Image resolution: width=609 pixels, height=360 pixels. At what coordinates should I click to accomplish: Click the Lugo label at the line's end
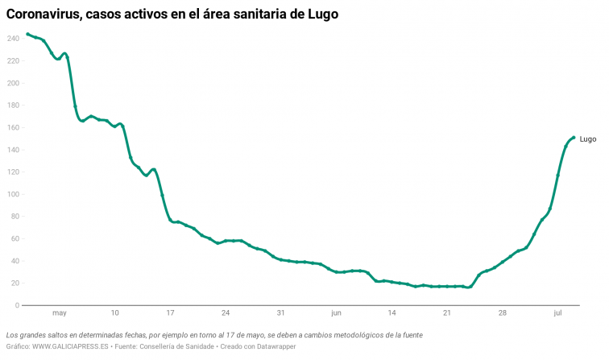click(588, 139)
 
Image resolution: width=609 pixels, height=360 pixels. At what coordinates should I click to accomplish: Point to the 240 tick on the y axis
click(13, 39)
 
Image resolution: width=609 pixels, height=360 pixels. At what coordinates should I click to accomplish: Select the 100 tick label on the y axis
click(13, 194)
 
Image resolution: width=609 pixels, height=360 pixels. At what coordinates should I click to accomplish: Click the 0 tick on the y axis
click(16, 305)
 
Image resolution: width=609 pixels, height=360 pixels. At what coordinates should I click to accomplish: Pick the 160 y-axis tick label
click(13, 127)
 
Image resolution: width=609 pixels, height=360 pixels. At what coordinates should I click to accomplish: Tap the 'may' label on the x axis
click(59, 312)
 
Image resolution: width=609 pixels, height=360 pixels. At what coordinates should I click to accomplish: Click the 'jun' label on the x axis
click(336, 312)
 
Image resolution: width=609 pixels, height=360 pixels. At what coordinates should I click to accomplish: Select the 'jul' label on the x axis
click(558, 312)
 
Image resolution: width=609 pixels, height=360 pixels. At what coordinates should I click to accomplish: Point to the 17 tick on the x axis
click(170, 312)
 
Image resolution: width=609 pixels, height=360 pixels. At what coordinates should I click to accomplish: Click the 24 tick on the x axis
click(226, 312)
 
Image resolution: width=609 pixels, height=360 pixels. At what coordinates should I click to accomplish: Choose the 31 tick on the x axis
click(280, 312)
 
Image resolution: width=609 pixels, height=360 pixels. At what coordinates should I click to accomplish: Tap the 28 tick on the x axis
click(503, 312)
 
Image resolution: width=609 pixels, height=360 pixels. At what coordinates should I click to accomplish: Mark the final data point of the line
click(573, 138)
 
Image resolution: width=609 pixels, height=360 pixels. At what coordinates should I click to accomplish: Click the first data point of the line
click(27, 34)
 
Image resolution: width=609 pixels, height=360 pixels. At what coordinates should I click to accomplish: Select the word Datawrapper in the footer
click(276, 346)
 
